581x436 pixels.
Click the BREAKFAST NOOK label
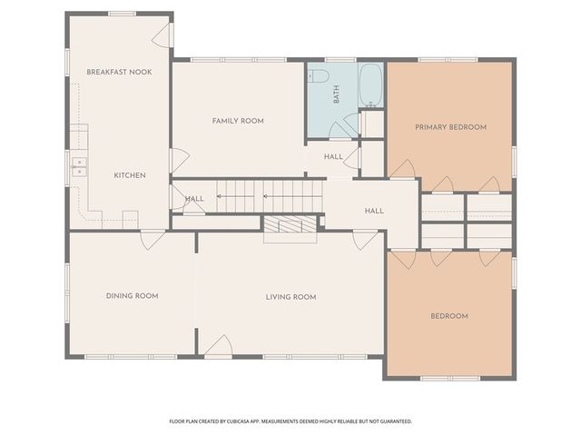tap(119, 71)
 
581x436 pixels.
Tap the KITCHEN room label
tap(130, 175)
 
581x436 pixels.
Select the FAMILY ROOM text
tap(238, 121)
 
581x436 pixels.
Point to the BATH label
tap(336, 94)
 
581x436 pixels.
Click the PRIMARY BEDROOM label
tap(450, 127)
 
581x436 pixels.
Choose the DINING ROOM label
tap(132, 295)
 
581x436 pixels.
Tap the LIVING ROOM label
tap(290, 297)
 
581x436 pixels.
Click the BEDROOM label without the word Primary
tap(448, 316)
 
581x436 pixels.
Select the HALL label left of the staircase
tap(194, 199)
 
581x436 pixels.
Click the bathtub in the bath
tap(370, 85)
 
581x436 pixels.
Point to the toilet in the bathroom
tap(317, 76)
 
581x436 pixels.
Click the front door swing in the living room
tap(216, 346)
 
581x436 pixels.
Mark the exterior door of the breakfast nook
tap(161, 35)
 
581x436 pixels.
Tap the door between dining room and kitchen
tap(153, 239)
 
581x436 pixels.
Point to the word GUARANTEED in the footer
tap(391, 421)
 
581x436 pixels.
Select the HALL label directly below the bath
tap(333, 156)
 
